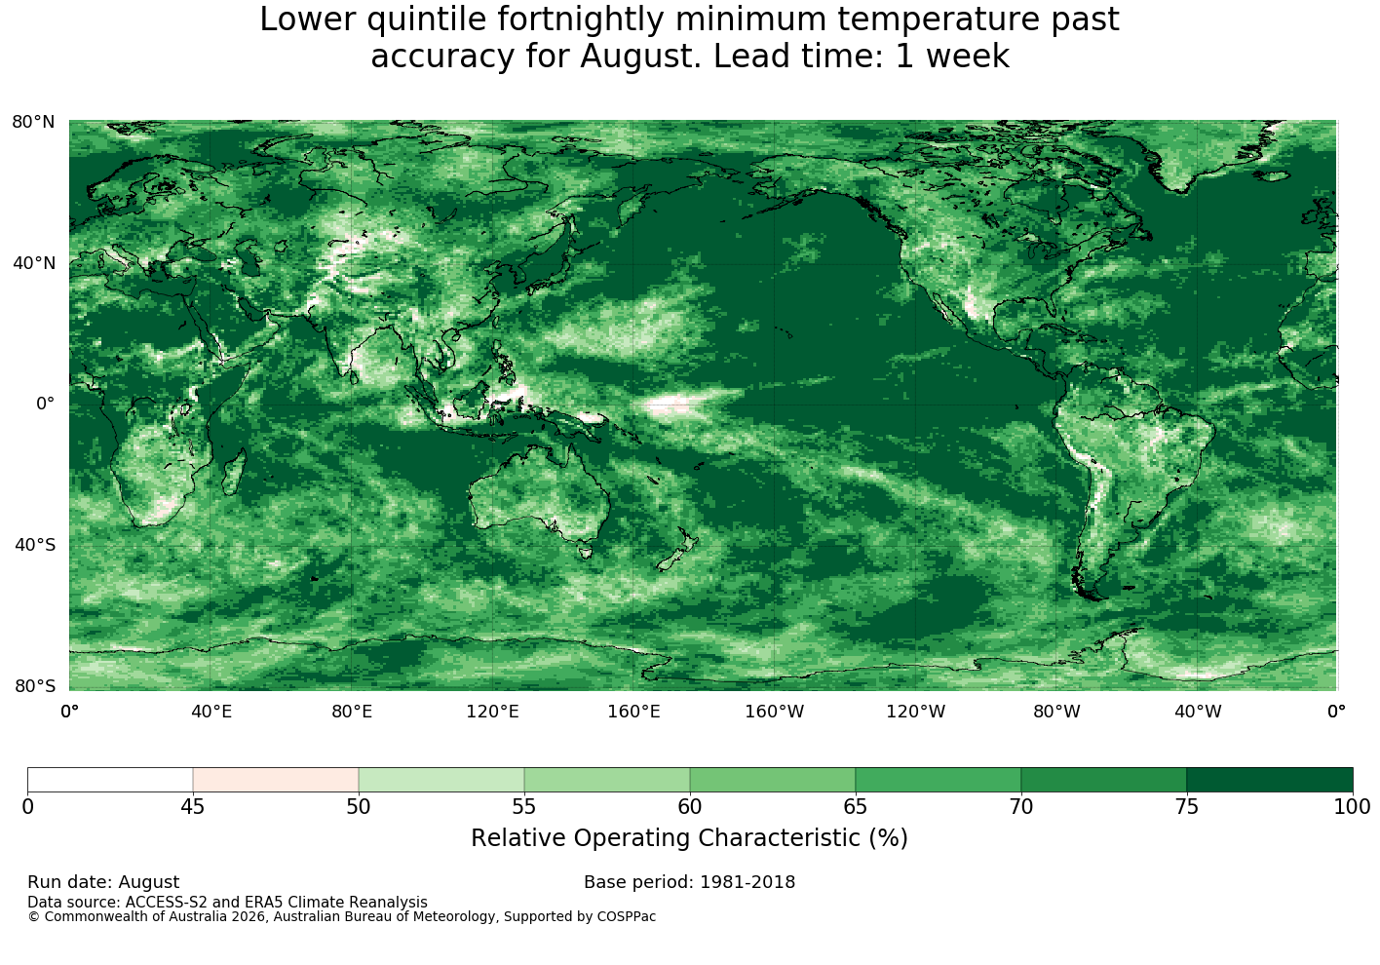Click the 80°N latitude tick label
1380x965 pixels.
tap(33, 122)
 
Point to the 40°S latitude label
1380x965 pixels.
tap(35, 545)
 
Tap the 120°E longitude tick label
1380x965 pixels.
tap(492, 712)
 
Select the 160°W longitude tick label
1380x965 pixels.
tap(775, 712)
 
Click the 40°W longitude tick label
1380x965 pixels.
tap(1198, 712)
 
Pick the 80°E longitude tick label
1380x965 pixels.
tap(352, 712)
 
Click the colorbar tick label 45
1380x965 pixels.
tap(193, 807)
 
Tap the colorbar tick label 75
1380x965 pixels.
tap(1187, 807)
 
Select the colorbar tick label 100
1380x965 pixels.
tap(1352, 807)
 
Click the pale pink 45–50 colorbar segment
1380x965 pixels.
tap(276, 780)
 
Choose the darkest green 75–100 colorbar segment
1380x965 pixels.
tap(1269, 780)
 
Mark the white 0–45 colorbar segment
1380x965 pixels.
tap(110, 780)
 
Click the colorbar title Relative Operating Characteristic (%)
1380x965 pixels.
tap(689, 838)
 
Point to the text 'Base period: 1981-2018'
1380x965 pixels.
tap(689, 882)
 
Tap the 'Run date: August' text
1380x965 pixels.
tap(103, 882)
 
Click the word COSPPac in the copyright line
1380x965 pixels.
tap(626, 917)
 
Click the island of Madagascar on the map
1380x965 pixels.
tap(234, 472)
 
